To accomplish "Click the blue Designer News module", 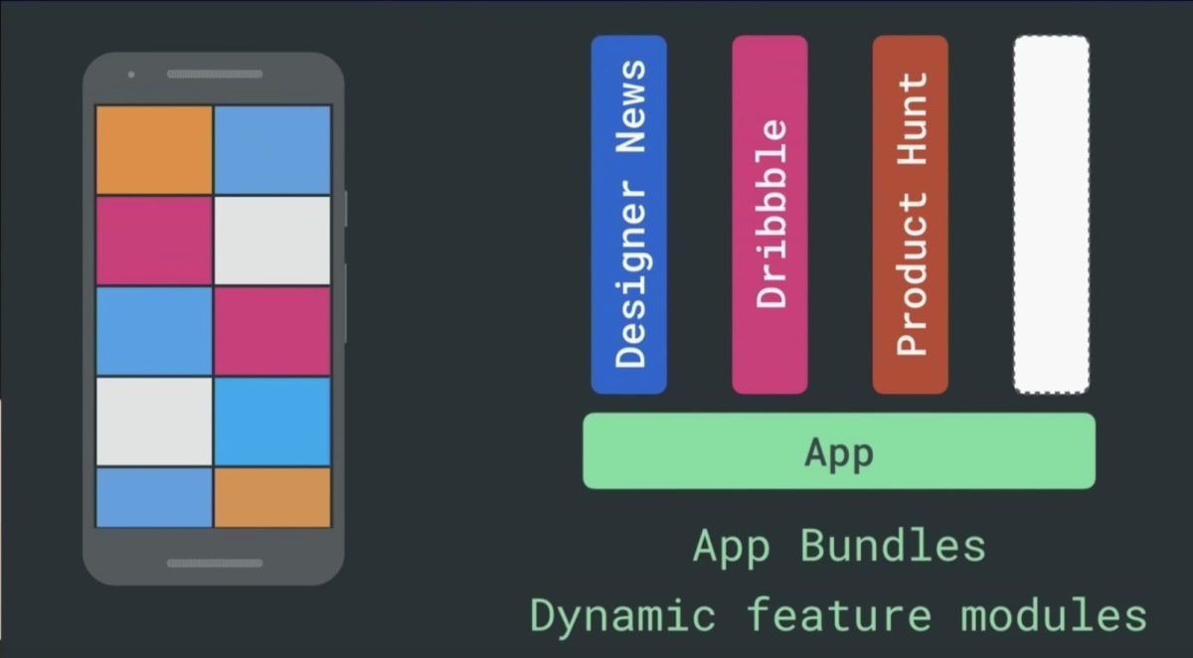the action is pyautogui.click(x=628, y=215).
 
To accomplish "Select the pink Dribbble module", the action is pyautogui.click(x=769, y=215).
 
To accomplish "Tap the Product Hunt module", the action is pyautogui.click(x=911, y=215).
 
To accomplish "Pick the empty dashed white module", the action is pyautogui.click(x=1052, y=215).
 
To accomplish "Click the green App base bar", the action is pyautogui.click(x=839, y=451).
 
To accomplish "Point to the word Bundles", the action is pyautogui.click(x=893, y=546).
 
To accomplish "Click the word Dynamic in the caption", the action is pyautogui.click(x=622, y=616).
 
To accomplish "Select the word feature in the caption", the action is pyautogui.click(x=839, y=615).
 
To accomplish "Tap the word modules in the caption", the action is pyautogui.click(x=1054, y=615).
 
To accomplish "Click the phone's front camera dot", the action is pyautogui.click(x=131, y=75).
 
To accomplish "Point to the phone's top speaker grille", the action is pyautogui.click(x=215, y=74).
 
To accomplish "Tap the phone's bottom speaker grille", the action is pyautogui.click(x=215, y=564).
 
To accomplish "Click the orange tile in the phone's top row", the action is pyautogui.click(x=154, y=150).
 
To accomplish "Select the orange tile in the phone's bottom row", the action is pyautogui.click(x=272, y=498).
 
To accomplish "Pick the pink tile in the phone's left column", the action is pyautogui.click(x=154, y=241).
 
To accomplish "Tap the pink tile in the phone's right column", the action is pyautogui.click(x=272, y=331).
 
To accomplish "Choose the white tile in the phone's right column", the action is pyautogui.click(x=272, y=241).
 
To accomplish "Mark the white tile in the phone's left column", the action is pyautogui.click(x=154, y=421).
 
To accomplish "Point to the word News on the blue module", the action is pyautogui.click(x=630, y=106).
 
